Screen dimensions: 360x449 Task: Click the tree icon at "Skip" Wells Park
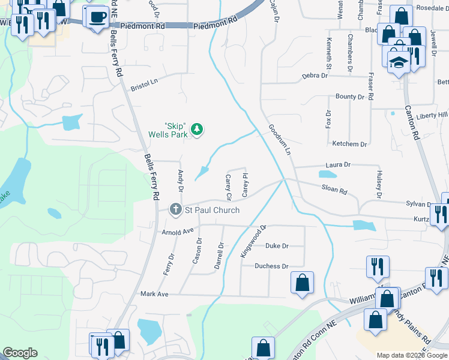click(196, 129)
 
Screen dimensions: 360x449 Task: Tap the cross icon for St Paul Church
click(175, 210)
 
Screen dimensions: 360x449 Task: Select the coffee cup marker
click(97, 17)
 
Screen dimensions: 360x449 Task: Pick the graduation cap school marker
click(397, 62)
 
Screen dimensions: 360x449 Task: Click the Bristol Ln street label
click(144, 84)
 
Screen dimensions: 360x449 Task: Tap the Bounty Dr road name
click(350, 97)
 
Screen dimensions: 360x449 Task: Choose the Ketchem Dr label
click(349, 144)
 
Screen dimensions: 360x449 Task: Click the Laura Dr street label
click(338, 164)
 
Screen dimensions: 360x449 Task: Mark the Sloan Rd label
click(335, 191)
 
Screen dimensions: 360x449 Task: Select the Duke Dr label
click(277, 246)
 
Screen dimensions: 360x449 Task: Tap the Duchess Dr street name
click(271, 266)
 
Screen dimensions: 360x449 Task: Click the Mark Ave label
click(154, 294)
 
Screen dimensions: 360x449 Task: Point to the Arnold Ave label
click(178, 231)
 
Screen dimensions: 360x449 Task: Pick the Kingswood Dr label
click(253, 242)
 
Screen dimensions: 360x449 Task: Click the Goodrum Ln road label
click(280, 140)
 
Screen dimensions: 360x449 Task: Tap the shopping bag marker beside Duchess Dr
click(301, 282)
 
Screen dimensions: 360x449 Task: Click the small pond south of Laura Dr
click(328, 175)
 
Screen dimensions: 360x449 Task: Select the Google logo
click(20, 353)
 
